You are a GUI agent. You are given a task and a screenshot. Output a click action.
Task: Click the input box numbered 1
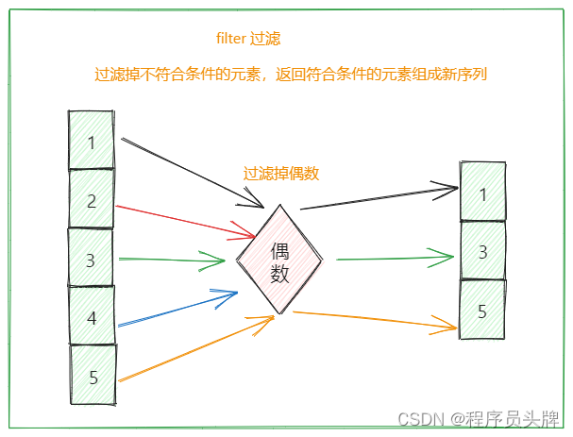(x=92, y=142)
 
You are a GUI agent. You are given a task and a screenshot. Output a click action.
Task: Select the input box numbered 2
(x=92, y=200)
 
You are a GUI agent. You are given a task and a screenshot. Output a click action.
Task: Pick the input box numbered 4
(x=92, y=317)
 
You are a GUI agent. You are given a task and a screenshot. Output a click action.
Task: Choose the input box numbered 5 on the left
(x=93, y=377)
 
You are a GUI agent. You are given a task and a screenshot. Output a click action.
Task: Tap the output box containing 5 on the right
(x=482, y=310)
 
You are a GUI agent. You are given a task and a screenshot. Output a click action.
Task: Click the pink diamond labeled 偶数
(x=279, y=260)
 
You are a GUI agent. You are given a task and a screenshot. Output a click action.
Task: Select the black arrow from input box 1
(x=189, y=171)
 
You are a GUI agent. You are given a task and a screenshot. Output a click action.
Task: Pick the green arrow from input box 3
(x=170, y=258)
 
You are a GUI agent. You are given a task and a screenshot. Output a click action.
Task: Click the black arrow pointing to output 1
(x=378, y=198)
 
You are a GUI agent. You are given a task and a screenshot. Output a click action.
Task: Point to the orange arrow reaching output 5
(x=378, y=320)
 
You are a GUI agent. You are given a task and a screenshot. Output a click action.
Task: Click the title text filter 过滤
(x=248, y=39)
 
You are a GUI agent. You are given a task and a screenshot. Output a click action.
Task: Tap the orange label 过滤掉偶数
(x=281, y=174)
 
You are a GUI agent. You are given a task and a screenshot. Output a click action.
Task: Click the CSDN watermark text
(x=481, y=418)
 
